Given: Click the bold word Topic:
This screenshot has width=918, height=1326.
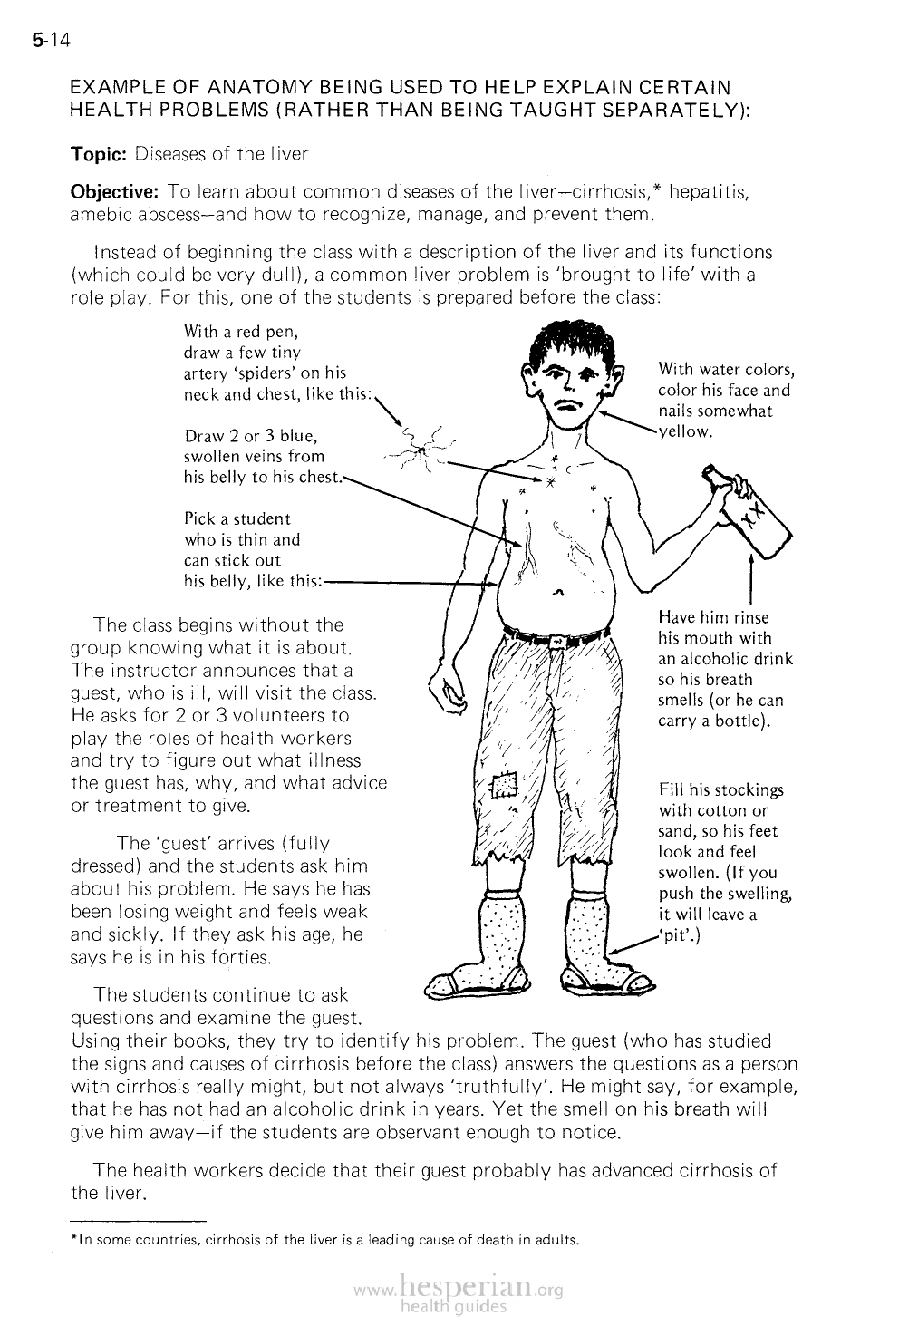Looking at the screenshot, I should pos(99,154).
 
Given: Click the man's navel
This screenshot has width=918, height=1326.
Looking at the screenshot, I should pos(558,594).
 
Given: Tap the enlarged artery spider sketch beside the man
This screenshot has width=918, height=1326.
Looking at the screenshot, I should pos(419,447).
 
